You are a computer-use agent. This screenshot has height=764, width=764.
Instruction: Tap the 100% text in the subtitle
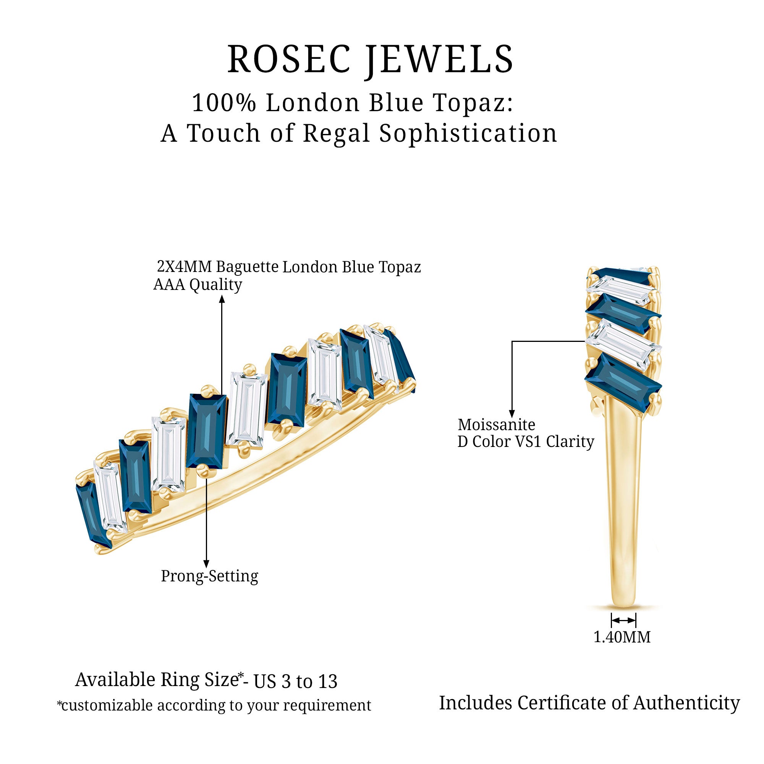tap(224, 103)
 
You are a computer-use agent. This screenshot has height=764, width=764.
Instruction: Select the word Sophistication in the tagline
tap(468, 133)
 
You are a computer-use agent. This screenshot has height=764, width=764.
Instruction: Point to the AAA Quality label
tap(198, 285)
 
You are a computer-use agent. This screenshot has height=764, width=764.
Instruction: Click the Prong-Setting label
tap(210, 576)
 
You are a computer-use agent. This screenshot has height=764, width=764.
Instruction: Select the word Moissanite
tap(496, 425)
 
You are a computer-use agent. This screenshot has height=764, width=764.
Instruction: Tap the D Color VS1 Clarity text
tap(526, 442)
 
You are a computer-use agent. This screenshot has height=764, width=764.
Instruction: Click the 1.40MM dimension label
tap(622, 637)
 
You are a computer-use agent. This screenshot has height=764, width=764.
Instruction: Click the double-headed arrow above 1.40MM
tap(623, 620)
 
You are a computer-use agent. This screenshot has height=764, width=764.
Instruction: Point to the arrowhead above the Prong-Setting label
tap(206, 563)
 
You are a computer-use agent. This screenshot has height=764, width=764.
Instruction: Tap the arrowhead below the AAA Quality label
tap(222, 300)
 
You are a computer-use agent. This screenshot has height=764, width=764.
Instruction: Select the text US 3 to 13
tap(295, 682)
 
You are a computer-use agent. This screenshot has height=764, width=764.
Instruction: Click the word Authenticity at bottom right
tap(686, 703)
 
